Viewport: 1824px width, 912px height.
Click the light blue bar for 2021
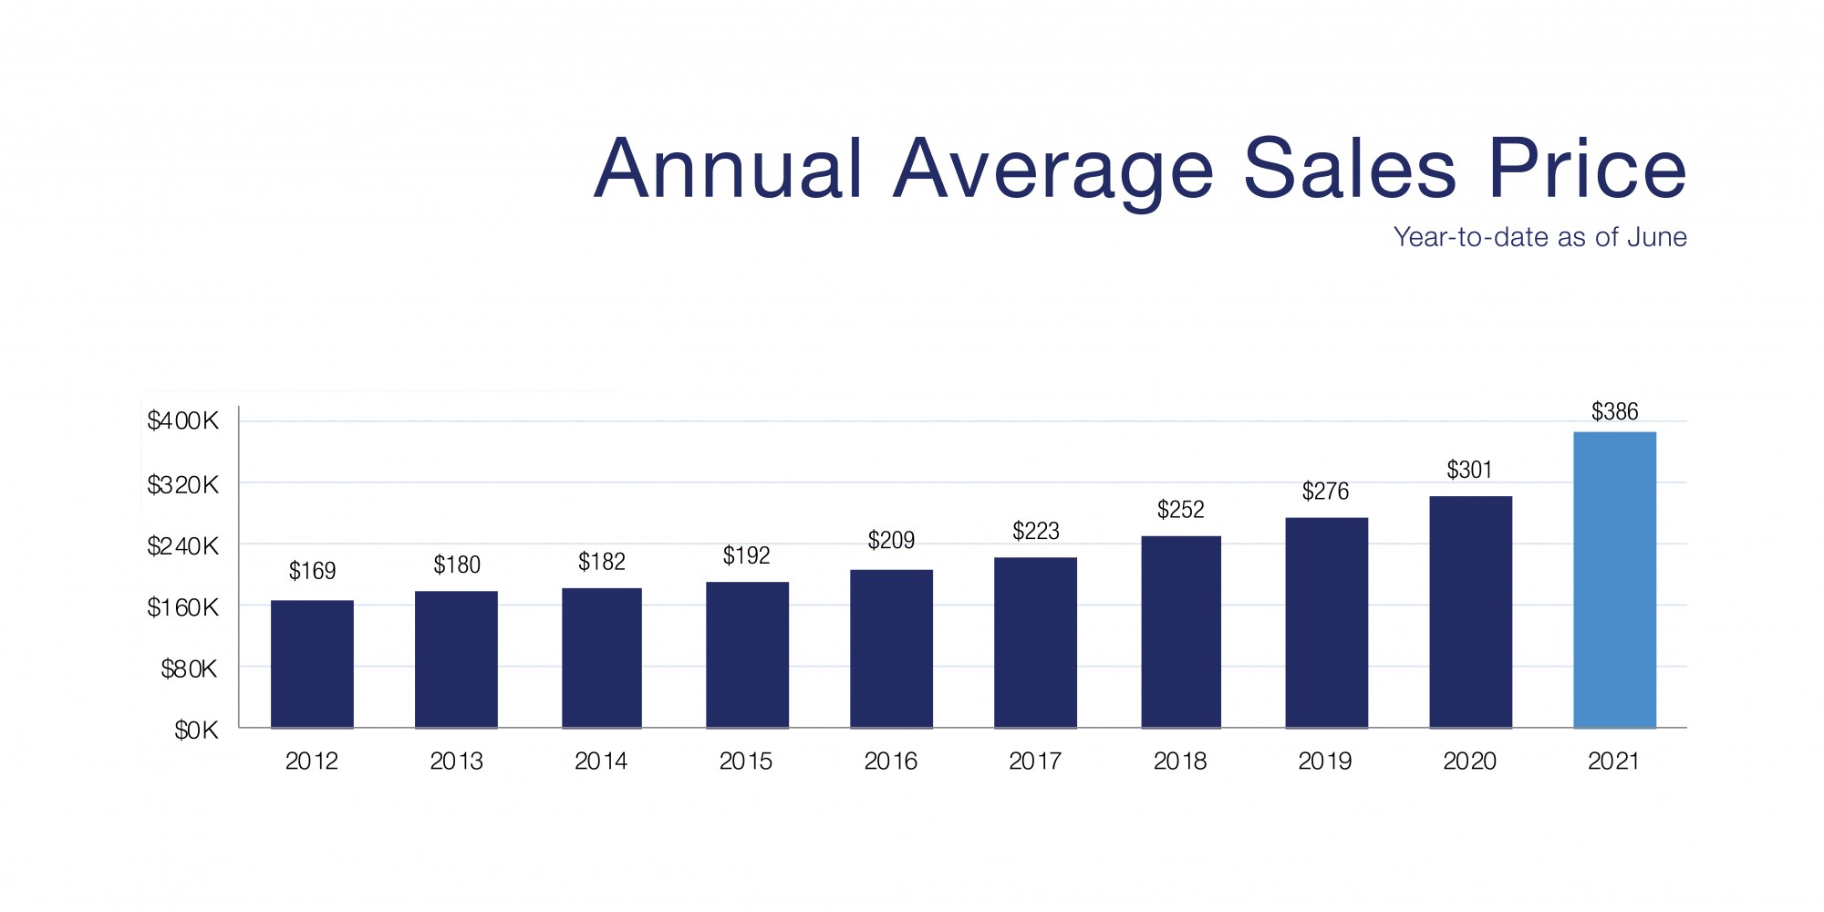(1614, 580)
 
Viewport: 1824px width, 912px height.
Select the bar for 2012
(312, 664)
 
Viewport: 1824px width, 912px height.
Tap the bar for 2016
(891, 648)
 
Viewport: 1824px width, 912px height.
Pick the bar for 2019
(1326, 623)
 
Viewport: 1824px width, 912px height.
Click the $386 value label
(1614, 411)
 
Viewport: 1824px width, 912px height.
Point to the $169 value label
(312, 571)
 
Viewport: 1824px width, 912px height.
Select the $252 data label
(1180, 510)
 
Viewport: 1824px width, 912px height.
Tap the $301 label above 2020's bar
(1469, 470)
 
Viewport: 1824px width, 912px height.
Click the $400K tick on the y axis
(183, 420)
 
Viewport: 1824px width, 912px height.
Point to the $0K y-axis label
(196, 731)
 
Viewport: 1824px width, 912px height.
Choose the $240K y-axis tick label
(183, 546)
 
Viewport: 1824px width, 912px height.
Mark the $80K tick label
(190, 669)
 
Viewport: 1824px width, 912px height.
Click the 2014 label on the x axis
(601, 761)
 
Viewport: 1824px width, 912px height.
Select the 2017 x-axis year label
(1035, 761)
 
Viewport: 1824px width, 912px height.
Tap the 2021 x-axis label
(1613, 761)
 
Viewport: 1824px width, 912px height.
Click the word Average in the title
(1053, 170)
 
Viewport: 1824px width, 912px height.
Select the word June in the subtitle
(1657, 237)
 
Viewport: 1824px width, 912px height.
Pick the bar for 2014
(601, 658)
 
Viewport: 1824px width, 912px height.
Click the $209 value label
(891, 540)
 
